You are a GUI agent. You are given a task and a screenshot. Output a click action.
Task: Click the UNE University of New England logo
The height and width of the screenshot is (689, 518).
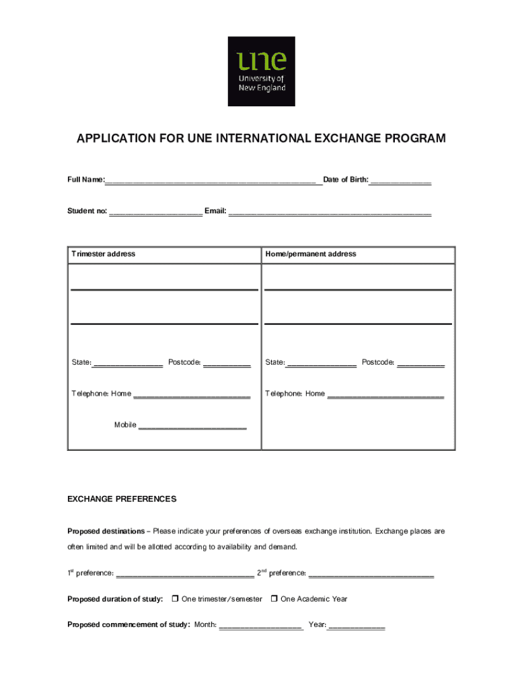pos(261,71)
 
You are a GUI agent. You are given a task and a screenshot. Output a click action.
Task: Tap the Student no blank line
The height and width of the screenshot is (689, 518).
pos(155,211)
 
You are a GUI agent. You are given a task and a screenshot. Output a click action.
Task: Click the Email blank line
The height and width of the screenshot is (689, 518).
pos(330,211)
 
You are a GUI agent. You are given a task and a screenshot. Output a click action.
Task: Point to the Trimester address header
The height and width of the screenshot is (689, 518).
pos(104,254)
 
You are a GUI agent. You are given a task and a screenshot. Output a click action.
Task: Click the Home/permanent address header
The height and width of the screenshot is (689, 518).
pos(311,254)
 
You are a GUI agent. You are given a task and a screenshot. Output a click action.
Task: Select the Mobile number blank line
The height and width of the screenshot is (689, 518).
pos(192,426)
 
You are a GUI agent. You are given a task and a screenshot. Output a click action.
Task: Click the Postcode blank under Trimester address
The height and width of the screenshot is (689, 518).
pos(227,363)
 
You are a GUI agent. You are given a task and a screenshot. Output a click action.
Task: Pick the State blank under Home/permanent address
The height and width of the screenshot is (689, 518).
pos(321,363)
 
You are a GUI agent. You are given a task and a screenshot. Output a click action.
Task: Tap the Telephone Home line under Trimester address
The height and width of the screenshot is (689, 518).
pos(192,395)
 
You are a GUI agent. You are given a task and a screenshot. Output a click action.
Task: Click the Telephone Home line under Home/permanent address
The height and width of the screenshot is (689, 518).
pos(385,395)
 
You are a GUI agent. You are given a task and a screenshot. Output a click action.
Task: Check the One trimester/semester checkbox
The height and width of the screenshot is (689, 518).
pos(175,599)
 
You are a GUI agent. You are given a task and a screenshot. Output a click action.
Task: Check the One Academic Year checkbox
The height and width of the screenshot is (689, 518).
pos(274,599)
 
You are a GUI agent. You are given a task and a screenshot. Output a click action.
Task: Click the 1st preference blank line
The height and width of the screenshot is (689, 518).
pos(185,575)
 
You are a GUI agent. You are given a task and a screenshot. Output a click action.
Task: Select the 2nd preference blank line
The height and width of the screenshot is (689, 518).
pos(371,575)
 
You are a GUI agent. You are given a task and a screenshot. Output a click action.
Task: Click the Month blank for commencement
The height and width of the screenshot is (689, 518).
pos(261,626)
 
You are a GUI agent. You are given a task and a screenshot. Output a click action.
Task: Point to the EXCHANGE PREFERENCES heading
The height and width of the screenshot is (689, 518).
pos(122,499)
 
